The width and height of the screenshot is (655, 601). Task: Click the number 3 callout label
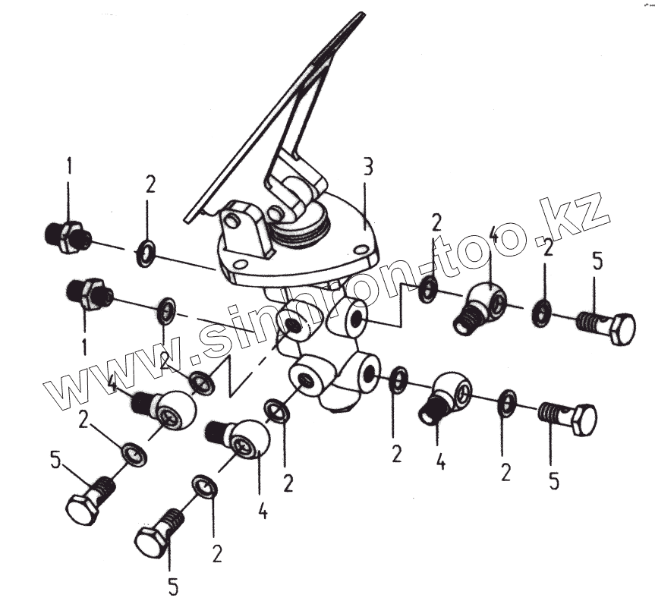coord(367,168)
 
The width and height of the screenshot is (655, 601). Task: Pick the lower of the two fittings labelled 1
coord(90,292)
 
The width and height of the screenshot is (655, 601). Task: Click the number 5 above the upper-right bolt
coord(597,263)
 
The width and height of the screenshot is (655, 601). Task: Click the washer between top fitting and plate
coord(146,253)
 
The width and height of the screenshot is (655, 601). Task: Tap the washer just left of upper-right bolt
coord(542,310)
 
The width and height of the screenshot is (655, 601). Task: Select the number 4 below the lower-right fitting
coord(439,461)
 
